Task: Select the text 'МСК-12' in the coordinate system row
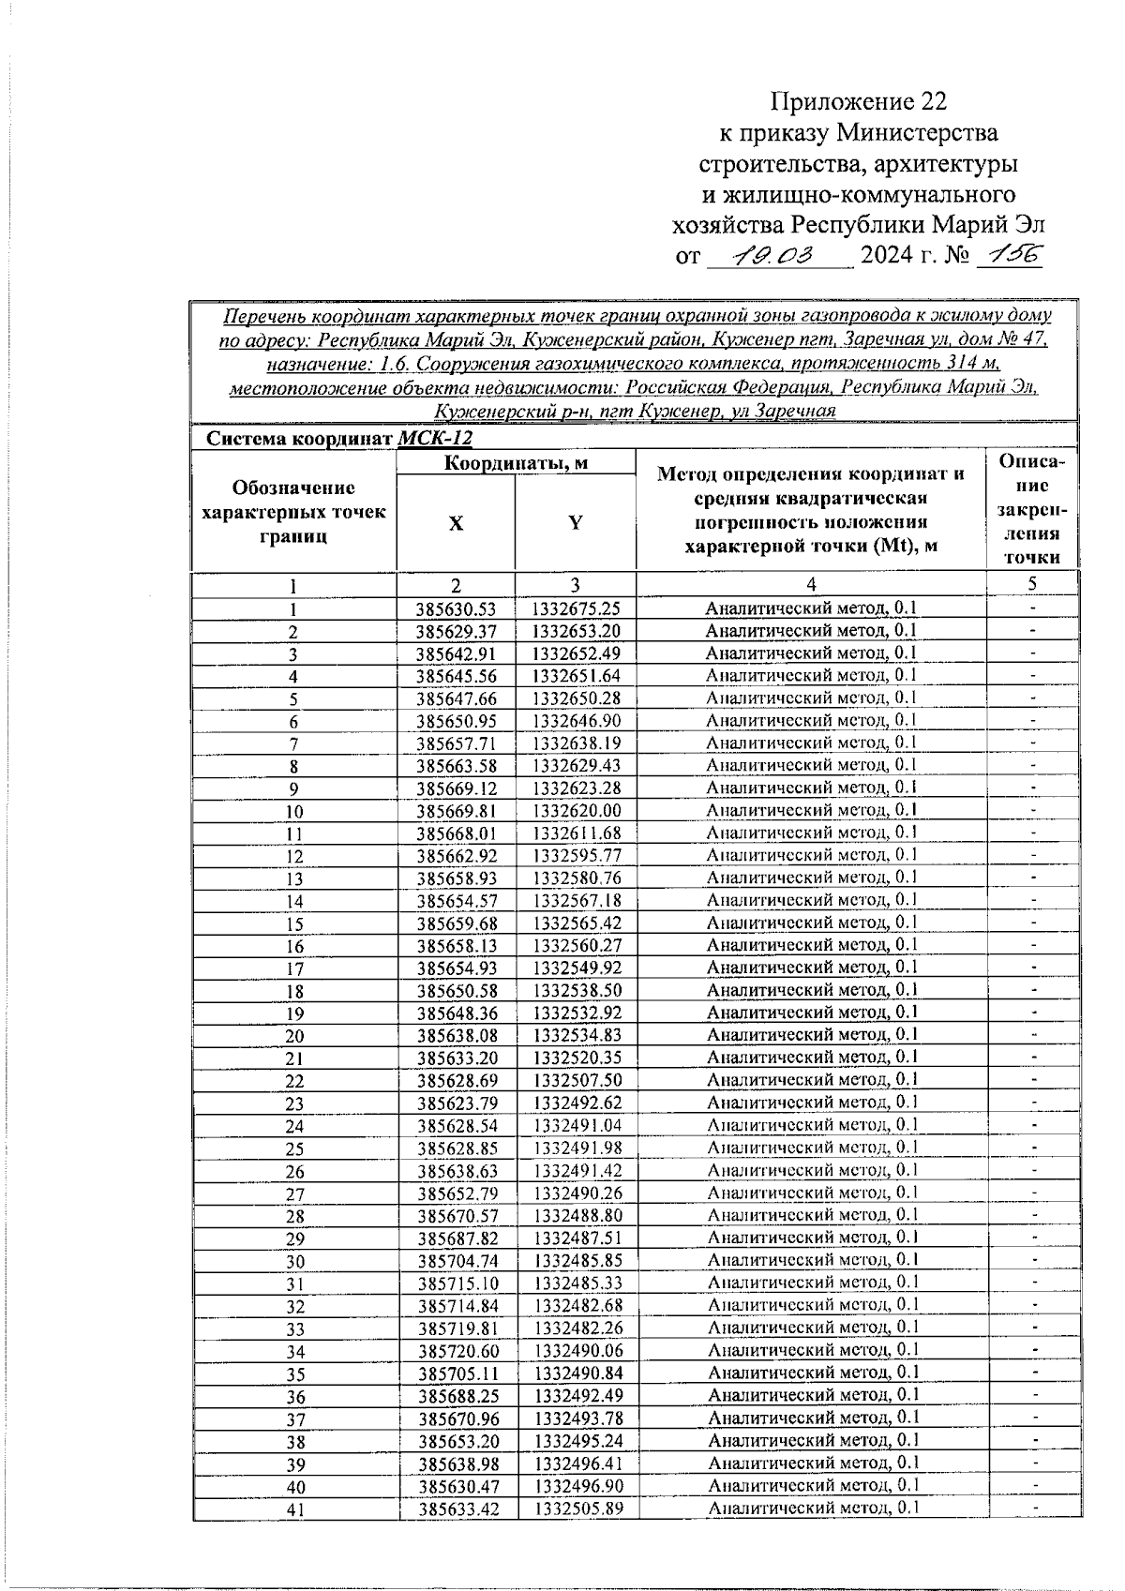435,438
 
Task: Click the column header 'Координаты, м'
516,462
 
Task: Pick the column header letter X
456,523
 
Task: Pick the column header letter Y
576,523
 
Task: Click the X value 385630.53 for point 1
456,608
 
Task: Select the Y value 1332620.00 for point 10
576,811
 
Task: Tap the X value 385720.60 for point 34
457,1351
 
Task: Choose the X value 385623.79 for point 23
457,1103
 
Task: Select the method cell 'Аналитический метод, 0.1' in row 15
812,923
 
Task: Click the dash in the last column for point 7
1033,743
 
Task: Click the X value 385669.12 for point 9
456,788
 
